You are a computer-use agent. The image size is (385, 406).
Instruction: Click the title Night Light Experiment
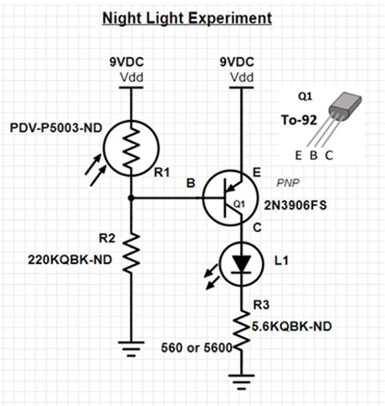coord(187,18)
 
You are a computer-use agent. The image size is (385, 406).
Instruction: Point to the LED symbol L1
coord(240,264)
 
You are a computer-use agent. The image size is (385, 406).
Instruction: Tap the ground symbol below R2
coord(131,347)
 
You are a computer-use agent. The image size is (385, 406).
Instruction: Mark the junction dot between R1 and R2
coord(131,197)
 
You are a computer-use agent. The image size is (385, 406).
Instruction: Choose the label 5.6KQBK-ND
coord(292,327)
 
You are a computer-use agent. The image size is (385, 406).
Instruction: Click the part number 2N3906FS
coord(295,206)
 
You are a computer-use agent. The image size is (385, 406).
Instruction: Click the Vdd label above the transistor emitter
coord(241,77)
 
